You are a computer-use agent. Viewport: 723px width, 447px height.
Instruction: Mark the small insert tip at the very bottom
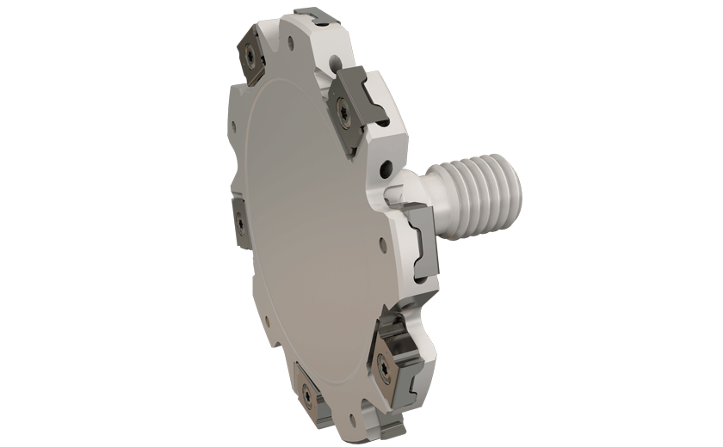(x=397, y=426)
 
